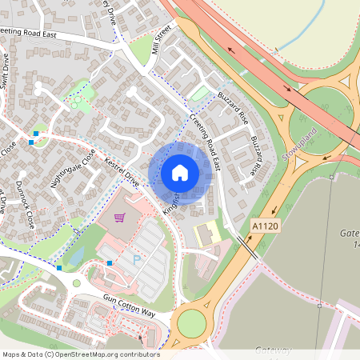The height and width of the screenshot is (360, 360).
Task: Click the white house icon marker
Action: tap(180, 173)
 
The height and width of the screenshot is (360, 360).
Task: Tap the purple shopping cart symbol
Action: tap(120, 217)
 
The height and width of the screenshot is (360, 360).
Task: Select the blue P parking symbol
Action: tap(136, 260)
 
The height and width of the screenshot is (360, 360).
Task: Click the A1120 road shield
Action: tap(266, 226)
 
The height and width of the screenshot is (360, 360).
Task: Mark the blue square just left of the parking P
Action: tap(110, 263)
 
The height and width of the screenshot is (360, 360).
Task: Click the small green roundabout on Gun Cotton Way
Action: tap(77, 283)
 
